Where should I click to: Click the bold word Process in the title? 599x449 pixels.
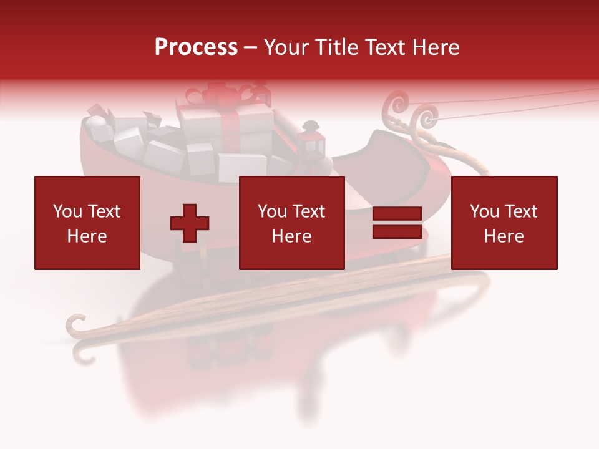pos(196,47)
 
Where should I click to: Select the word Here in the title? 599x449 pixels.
pos(433,47)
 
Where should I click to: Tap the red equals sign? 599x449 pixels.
pos(397,223)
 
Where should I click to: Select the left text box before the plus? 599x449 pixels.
pos(87,223)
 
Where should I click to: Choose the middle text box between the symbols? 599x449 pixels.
pos(292,223)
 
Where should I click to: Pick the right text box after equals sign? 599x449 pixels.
pos(504,223)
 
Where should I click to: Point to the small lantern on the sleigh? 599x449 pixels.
pos(311,138)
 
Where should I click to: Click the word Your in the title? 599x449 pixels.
pos(286,47)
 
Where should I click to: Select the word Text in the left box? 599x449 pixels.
pos(104,211)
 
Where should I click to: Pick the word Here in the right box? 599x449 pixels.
pos(504,236)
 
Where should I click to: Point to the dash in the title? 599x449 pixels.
pos(251,47)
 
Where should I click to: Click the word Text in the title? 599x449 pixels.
pos(382,47)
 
